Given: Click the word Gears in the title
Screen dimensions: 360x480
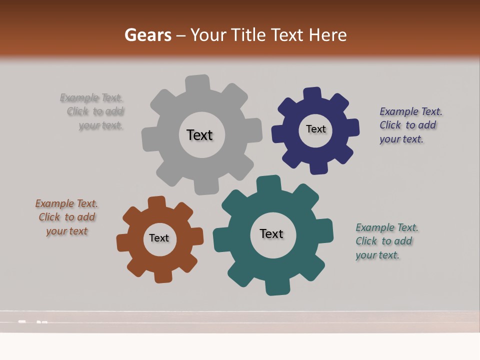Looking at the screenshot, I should [148, 35].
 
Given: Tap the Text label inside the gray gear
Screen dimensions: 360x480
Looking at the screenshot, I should [199, 135].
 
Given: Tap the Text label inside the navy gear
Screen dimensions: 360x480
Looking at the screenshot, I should [315, 129].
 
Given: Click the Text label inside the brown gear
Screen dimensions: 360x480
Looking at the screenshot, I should [159, 238].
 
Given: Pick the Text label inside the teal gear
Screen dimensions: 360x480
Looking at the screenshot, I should [271, 233].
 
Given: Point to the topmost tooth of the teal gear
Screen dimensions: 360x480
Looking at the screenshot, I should [268, 184].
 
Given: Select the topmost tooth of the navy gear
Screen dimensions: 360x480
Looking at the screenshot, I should [312, 94].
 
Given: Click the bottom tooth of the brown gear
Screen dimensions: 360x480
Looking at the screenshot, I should [162, 275].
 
